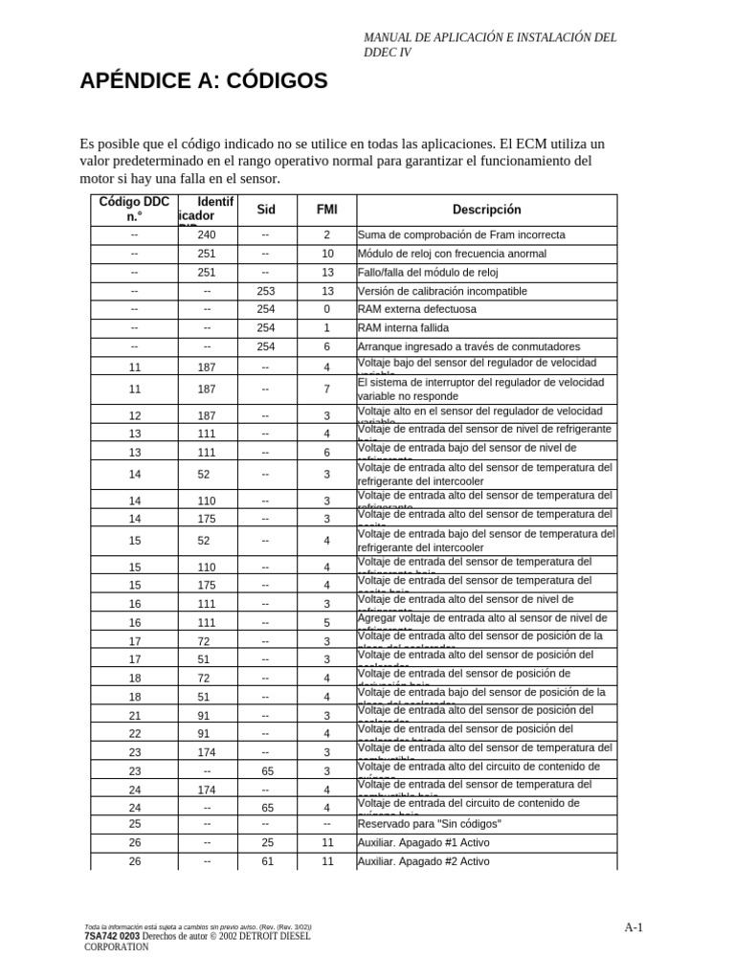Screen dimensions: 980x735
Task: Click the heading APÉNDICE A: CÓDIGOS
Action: coord(203,81)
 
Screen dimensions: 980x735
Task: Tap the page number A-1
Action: coord(634,927)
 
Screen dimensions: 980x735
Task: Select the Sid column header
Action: coord(265,210)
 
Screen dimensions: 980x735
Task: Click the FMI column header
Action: coord(326,210)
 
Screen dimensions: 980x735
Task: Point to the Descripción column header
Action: coord(486,210)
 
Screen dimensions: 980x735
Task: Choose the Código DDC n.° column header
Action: coord(134,210)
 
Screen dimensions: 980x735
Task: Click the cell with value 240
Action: coord(207,234)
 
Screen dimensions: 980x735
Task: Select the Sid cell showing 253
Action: coord(265,291)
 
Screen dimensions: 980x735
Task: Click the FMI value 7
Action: coord(326,390)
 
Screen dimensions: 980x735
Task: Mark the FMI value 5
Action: coord(326,622)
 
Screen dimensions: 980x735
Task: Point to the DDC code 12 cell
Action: coord(134,416)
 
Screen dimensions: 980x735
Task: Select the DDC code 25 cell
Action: coord(134,823)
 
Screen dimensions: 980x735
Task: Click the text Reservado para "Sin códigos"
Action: coord(429,824)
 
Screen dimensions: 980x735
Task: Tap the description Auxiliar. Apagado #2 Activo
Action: coord(423,861)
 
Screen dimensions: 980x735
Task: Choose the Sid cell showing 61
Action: coord(265,861)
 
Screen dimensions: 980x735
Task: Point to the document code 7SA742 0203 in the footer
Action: coord(110,937)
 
